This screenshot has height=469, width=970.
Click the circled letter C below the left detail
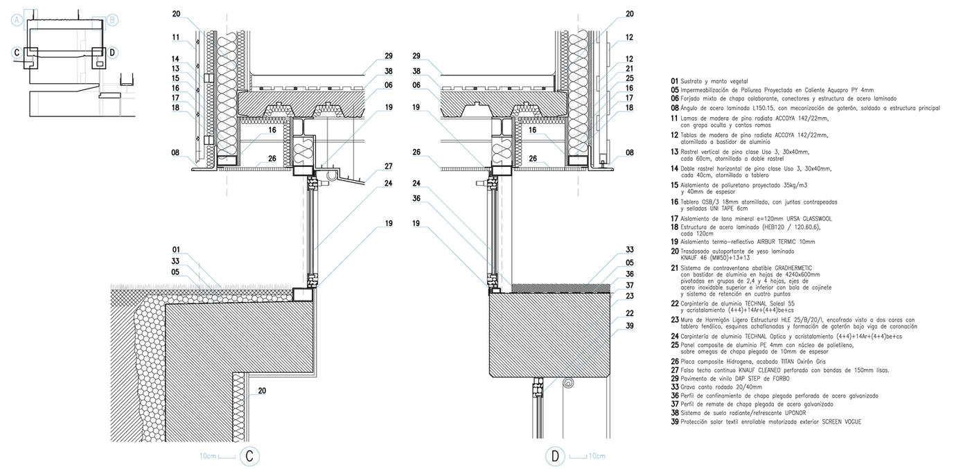(x=249, y=456)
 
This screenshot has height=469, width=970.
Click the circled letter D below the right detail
(x=555, y=456)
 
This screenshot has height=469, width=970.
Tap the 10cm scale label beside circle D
(x=597, y=456)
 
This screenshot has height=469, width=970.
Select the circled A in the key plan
(x=17, y=20)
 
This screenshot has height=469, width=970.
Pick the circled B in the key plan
(x=112, y=20)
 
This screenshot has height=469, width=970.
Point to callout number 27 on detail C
(x=388, y=166)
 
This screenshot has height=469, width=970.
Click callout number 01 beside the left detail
(x=176, y=249)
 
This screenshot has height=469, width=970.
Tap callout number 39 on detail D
(x=629, y=326)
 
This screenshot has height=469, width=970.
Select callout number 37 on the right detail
(x=629, y=285)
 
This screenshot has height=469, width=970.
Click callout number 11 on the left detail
(x=176, y=37)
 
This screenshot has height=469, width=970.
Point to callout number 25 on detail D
(x=629, y=78)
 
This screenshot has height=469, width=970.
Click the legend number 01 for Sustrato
(x=674, y=81)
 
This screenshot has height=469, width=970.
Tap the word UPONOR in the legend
(x=793, y=413)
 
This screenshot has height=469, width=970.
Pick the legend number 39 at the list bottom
(x=674, y=421)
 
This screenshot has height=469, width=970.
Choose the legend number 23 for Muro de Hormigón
(x=674, y=320)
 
